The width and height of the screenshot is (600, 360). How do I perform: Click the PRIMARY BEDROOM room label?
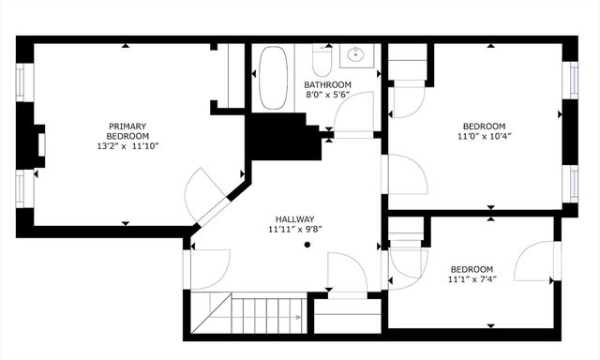tap(127, 131)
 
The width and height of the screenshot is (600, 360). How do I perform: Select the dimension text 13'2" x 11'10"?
tap(127, 146)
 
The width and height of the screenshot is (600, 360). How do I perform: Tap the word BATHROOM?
tap(327, 84)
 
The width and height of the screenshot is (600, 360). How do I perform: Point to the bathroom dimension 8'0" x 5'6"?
tap(327, 95)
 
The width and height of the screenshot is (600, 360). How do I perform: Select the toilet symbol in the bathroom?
tap(322, 61)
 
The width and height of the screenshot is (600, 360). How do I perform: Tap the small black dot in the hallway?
tap(307, 245)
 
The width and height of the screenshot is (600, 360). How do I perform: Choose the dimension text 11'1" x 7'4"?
tap(472, 278)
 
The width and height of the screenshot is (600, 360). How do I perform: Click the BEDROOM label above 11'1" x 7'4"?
tap(472, 267)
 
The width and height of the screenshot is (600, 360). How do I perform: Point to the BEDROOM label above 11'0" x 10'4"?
tap(484, 126)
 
